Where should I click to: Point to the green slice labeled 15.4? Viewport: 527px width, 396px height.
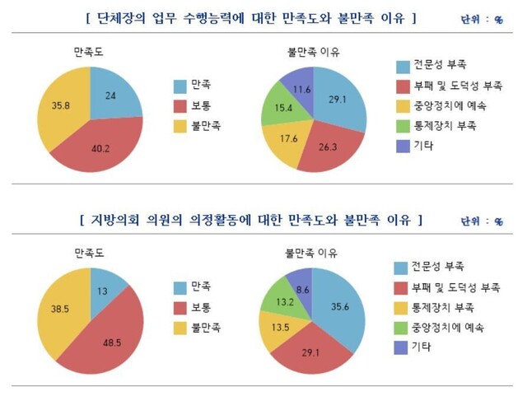point(283,109)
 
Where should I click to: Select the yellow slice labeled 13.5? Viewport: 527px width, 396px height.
point(279,328)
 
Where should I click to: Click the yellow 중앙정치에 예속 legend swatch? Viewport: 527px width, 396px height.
point(404,107)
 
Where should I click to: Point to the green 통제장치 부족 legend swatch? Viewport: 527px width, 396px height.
point(404,128)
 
